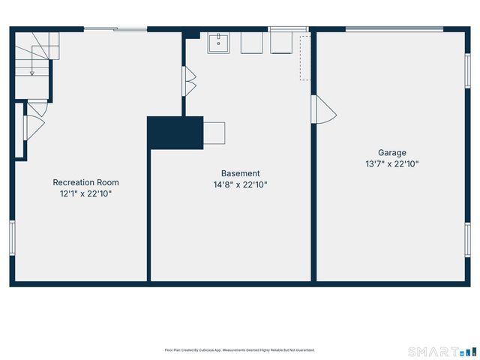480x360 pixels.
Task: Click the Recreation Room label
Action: point(85,182)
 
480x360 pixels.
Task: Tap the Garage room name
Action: point(391,153)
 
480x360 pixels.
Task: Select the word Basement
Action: point(240,173)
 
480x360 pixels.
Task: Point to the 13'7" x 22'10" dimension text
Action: point(391,163)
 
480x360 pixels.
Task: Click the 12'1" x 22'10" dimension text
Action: point(85,193)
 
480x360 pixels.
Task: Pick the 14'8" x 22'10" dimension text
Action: point(240,184)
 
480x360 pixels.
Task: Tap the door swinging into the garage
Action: point(324,110)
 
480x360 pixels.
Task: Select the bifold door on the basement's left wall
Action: point(189,81)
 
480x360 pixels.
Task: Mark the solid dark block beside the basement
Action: point(175,133)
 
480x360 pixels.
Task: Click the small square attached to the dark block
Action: point(214,133)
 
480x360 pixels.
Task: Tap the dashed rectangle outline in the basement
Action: point(304,56)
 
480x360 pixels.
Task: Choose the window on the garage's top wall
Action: point(394,29)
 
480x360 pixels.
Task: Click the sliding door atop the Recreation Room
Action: point(115,29)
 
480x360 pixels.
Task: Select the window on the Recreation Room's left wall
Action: point(12,238)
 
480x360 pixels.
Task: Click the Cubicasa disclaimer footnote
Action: point(240,349)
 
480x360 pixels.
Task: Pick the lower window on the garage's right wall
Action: point(467,240)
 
